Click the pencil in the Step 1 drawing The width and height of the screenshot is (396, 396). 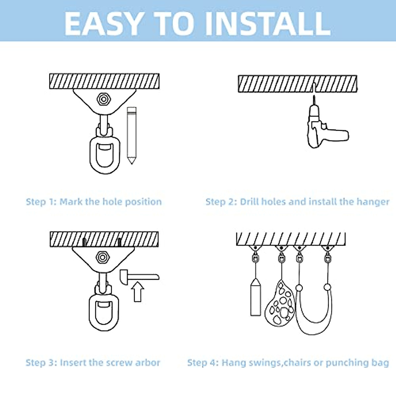(132, 135)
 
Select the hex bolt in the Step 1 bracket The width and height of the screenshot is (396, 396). (104, 99)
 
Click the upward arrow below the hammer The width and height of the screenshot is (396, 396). (138, 292)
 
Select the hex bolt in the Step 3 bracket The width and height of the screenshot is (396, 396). (103, 257)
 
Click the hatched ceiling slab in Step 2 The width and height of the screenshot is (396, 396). (298, 84)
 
